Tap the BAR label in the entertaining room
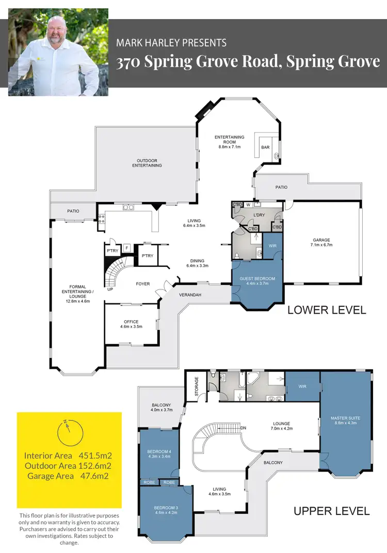click(x=265, y=148)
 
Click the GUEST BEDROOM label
click(x=257, y=279)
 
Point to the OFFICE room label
click(x=131, y=322)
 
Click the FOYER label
click(x=142, y=283)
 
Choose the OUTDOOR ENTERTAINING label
click(x=147, y=162)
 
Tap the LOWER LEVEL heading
click(x=327, y=310)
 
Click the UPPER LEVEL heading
click(x=331, y=511)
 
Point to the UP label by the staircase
click(x=110, y=289)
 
